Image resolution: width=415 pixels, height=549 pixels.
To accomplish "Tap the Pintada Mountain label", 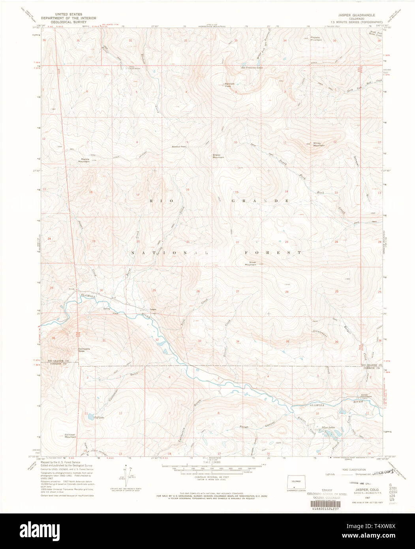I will coord(316,39).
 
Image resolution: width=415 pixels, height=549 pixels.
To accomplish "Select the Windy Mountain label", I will coord(319,145).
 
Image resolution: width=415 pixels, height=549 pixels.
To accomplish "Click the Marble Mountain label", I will coord(84,160).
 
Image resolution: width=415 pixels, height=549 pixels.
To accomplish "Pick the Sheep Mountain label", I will coord(218,156).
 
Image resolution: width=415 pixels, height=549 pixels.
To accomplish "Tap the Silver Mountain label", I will coord(252,263).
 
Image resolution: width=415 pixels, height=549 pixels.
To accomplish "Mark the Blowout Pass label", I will coord(179,147).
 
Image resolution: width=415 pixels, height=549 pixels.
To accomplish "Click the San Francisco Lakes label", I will coord(252,68).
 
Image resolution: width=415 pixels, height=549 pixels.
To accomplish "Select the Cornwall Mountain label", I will coord(70,436).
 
